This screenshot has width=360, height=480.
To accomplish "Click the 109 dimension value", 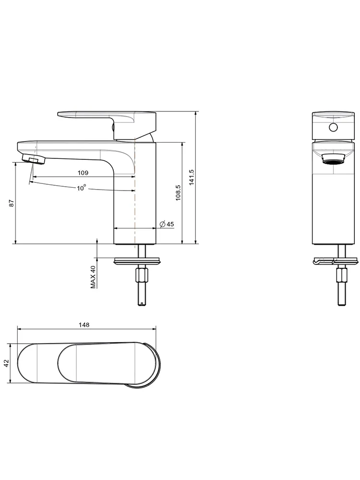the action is pos(83,173).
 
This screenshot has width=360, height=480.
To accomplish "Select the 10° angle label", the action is pos(82,188).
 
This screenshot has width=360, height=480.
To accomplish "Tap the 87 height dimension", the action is pos(12,203).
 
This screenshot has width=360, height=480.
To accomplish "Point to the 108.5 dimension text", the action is pos(178,193).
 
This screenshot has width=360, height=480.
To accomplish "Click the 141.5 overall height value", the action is pos(192,177).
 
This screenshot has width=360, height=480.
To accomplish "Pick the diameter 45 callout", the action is pos(167,224).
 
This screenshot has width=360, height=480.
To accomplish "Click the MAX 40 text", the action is pos(93,277).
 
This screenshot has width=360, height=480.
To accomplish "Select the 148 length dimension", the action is pos(84,325).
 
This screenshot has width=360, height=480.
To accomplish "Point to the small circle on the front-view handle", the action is pos(333,127).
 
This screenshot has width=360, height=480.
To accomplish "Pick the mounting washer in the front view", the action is pos(335,261).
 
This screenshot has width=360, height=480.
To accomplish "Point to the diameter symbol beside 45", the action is pos(163,224).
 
